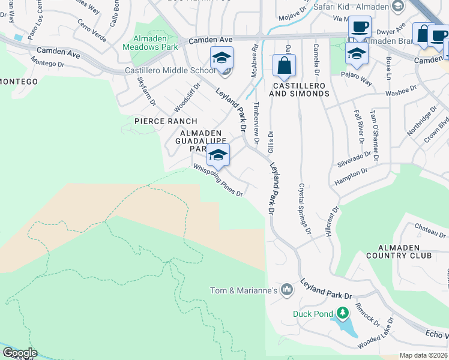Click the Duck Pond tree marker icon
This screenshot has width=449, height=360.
343,313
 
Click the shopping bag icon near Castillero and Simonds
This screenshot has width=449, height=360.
284,65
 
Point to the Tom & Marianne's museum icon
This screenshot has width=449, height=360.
287,290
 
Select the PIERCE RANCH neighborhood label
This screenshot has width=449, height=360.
157,121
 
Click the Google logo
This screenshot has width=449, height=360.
19,353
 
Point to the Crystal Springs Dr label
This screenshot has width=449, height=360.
305,208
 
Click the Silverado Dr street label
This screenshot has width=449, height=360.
354,160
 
